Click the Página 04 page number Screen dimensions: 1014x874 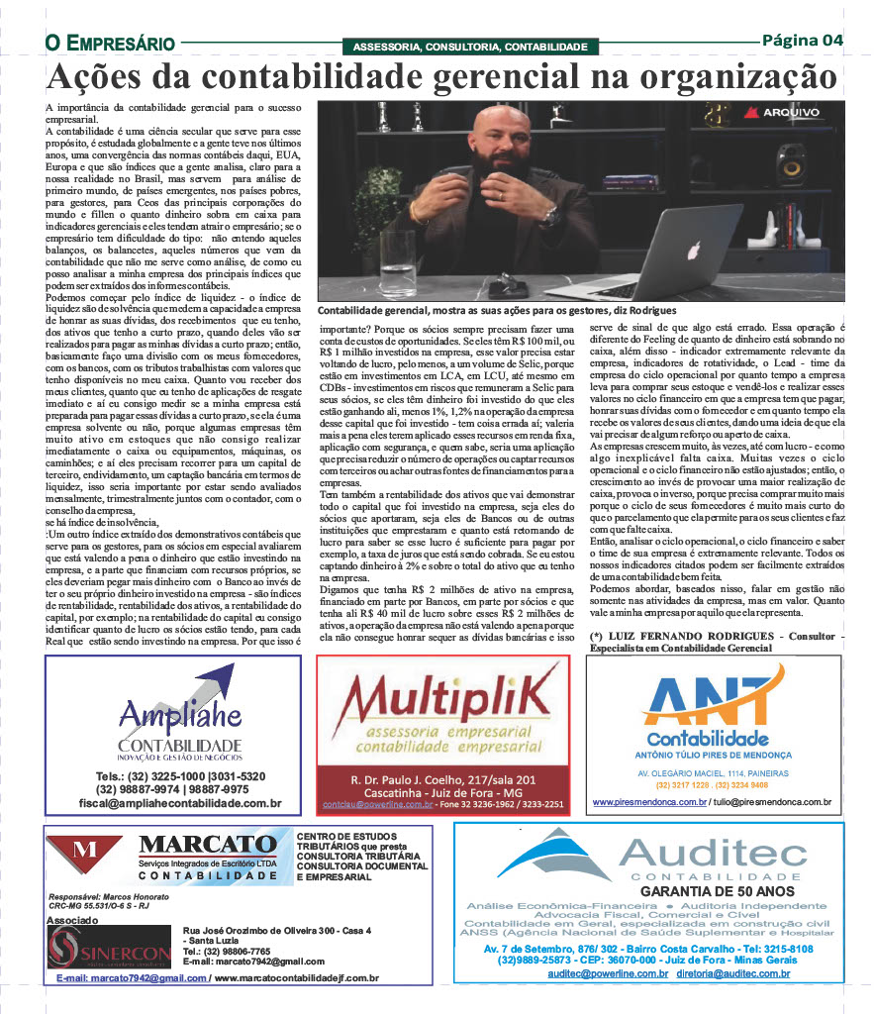point(802,41)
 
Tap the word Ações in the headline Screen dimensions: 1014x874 point(96,77)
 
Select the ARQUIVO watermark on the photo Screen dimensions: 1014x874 point(783,112)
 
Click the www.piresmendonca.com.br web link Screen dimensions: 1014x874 point(649,800)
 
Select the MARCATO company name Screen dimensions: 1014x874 point(208,844)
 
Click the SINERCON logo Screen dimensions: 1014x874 point(110,949)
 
